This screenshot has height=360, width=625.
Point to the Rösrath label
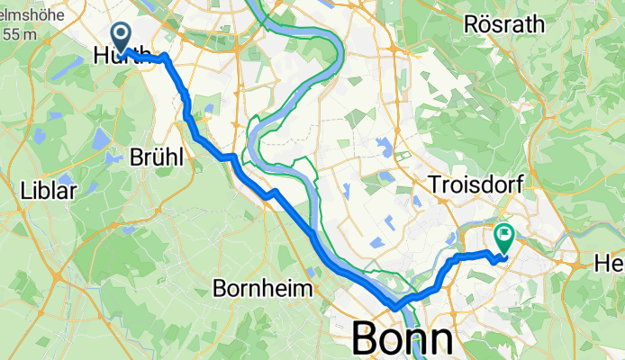coord(504,24)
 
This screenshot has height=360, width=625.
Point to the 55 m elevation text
coord(19,35)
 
